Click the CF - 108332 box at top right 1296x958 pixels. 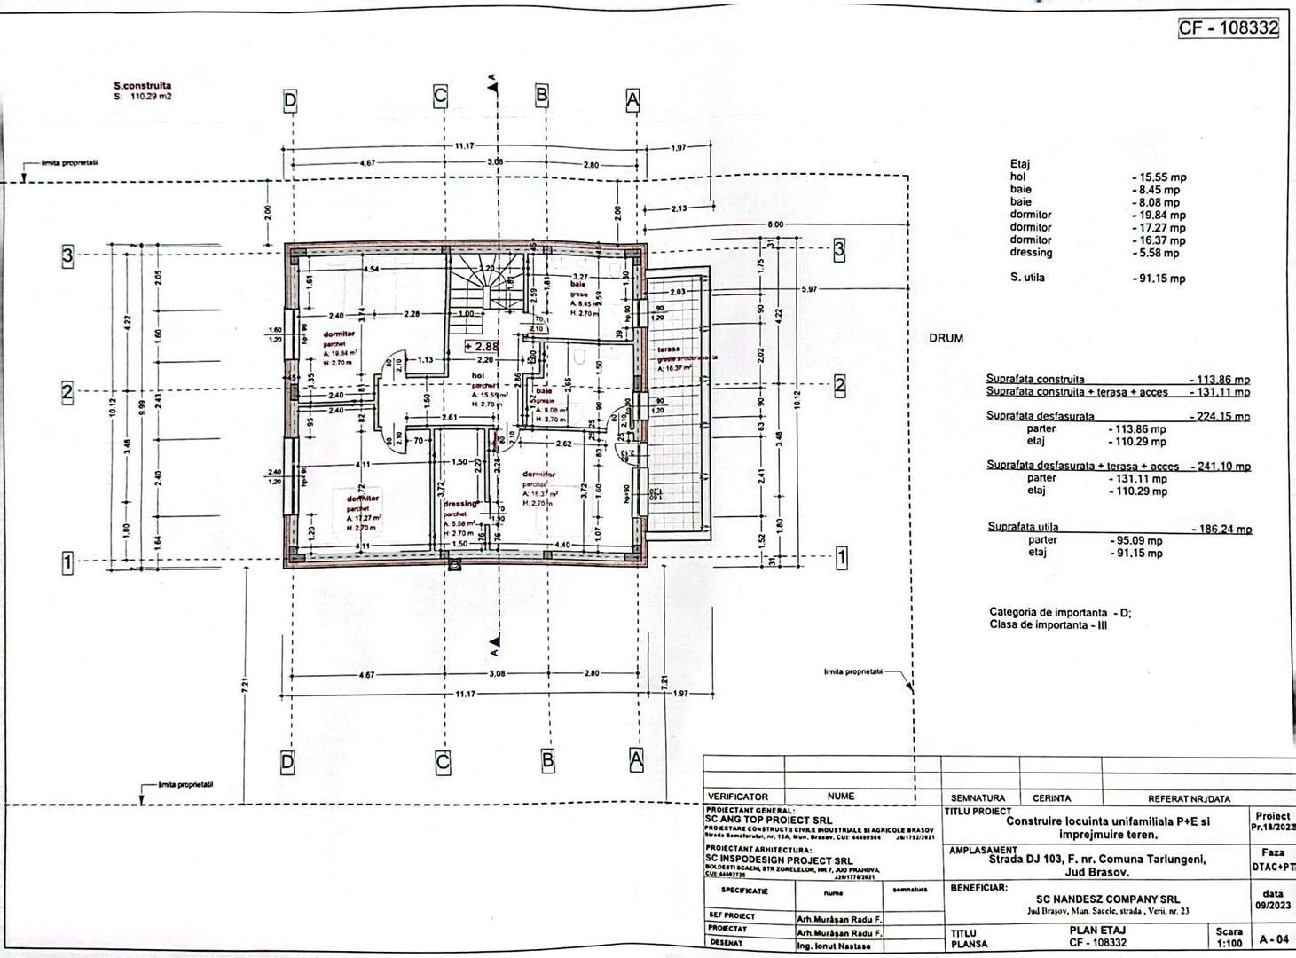click(x=1228, y=27)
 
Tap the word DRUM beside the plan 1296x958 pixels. click(x=946, y=338)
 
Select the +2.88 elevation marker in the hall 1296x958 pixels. click(x=482, y=347)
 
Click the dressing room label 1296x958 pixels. click(x=459, y=504)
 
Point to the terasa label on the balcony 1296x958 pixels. click(x=668, y=349)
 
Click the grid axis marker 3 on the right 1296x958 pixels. click(x=839, y=249)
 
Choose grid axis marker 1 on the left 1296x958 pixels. click(x=67, y=563)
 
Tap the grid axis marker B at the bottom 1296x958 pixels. click(x=547, y=760)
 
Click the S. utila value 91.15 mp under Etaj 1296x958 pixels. click(x=1159, y=279)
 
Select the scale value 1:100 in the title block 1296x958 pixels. click(x=1229, y=943)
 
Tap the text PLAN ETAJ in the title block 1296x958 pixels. click(x=1097, y=930)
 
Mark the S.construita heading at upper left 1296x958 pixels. click(x=142, y=86)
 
